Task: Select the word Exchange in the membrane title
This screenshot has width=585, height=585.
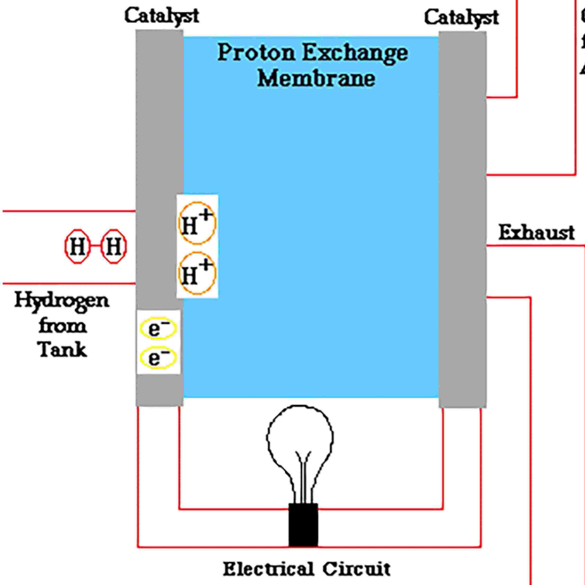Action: tap(355, 53)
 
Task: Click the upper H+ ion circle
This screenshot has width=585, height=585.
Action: tap(197, 223)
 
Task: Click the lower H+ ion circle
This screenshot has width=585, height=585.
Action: tap(197, 273)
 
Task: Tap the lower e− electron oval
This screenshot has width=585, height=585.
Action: tap(158, 358)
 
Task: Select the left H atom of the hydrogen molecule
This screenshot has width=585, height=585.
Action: tap(78, 246)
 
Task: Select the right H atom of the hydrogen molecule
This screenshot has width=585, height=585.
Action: tap(113, 246)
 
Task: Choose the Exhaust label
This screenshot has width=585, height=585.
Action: tap(536, 233)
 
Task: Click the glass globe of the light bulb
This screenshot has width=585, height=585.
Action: tap(300, 436)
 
